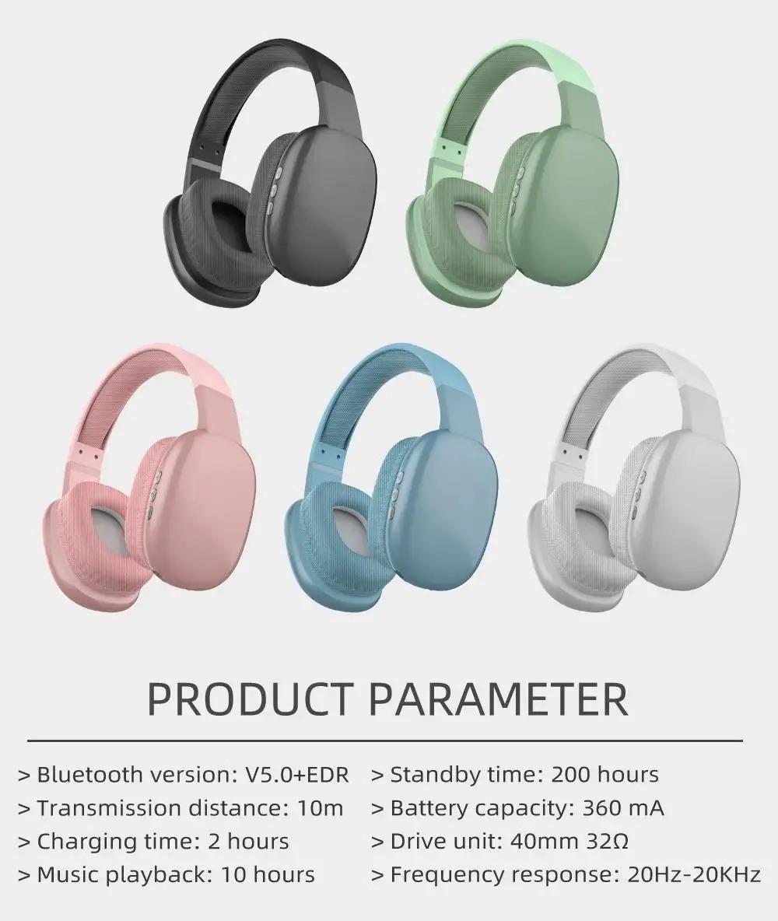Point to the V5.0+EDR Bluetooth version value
pyautogui.click(x=296, y=775)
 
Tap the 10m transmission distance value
pyautogui.click(x=320, y=808)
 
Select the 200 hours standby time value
pyautogui.click(x=605, y=775)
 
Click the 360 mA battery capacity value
pyautogui.click(x=622, y=808)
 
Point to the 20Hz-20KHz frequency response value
pyautogui.click(x=693, y=875)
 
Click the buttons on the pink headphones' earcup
pyautogui.click(x=154, y=495)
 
